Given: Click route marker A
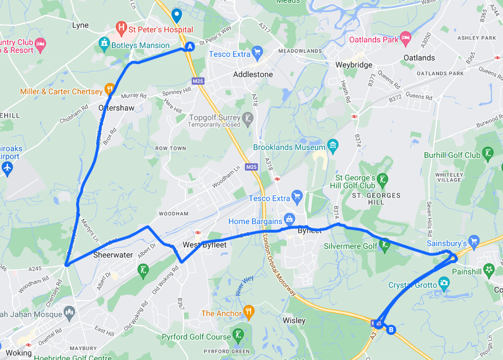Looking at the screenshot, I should (190, 47).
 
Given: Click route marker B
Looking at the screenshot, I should (392, 330).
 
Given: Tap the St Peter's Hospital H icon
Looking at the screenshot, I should (122, 27).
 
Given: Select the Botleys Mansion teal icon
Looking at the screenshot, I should (104, 43).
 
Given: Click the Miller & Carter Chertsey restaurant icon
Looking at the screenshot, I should (109, 89).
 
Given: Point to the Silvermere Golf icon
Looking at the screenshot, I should (384, 244).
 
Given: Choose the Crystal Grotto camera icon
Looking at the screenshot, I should (444, 283).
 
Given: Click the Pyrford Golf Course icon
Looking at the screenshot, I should (238, 335).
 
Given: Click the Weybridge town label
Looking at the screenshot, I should (354, 65).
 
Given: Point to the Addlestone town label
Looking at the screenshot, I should (253, 74).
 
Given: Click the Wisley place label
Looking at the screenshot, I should (294, 321).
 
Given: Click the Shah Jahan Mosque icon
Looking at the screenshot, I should (69, 312).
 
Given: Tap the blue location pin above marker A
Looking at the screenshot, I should (177, 15).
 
